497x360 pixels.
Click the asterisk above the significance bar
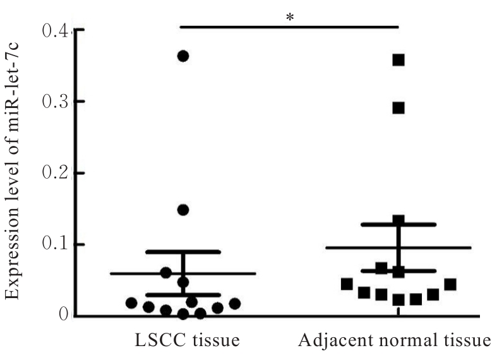[290, 17]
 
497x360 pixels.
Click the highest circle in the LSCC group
[183, 56]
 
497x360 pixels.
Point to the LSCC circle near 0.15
[183, 210]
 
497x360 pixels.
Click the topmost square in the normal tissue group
[398, 60]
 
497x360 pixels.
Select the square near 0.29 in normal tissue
[398, 108]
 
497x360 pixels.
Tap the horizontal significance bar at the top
[290, 27]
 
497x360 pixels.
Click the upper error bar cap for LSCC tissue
[183, 251]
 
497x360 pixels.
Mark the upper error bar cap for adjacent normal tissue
[398, 224]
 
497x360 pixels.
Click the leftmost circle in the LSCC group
[131, 303]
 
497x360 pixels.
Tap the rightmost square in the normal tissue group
[450, 285]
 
